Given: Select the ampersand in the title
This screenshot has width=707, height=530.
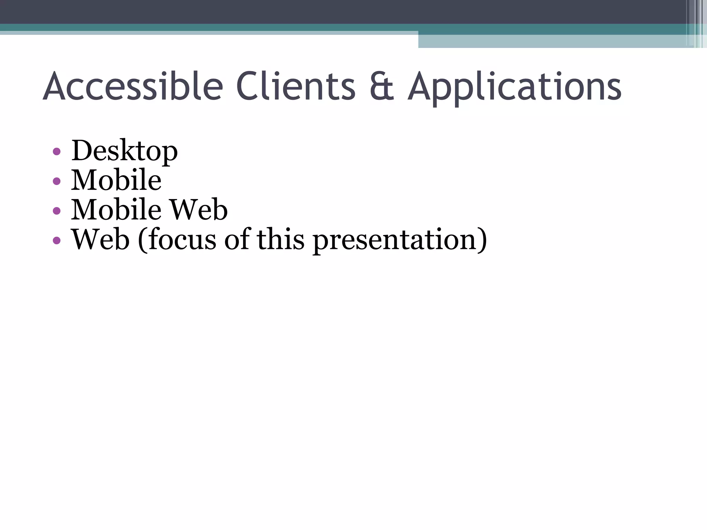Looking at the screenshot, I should coord(382,87).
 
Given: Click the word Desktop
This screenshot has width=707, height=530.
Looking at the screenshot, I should coord(124,151).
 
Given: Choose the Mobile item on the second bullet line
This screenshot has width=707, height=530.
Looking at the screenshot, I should coord(116,180).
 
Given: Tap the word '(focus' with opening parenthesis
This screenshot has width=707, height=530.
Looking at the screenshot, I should coord(177,240).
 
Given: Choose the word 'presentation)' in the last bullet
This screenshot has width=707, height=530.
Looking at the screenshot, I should coord(400,241).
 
